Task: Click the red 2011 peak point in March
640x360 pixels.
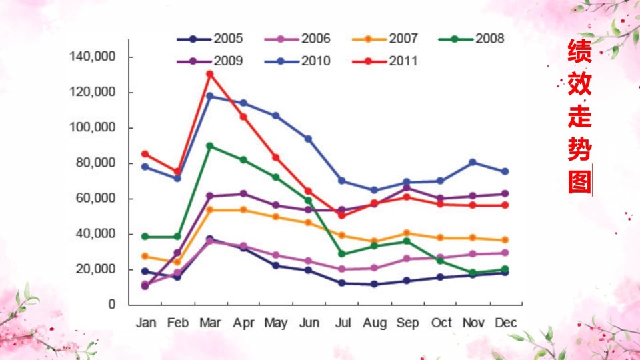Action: click(x=210, y=74)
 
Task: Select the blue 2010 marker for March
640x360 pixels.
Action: click(x=210, y=96)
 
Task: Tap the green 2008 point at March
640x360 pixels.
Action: click(x=210, y=146)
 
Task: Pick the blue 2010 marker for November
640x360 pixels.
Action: click(x=473, y=163)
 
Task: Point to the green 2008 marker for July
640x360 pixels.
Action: click(x=341, y=254)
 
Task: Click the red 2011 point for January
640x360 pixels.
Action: click(x=145, y=154)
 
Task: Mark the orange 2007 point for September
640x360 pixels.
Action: click(x=407, y=233)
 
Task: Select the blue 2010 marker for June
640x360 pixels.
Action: click(x=308, y=139)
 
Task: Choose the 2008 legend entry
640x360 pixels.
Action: click(x=471, y=39)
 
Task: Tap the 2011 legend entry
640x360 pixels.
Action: click(x=385, y=61)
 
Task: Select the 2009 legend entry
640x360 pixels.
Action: click(x=210, y=61)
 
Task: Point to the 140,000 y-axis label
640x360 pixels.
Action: click(x=93, y=56)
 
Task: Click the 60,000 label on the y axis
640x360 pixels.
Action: click(x=96, y=199)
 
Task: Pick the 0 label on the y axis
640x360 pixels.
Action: click(x=112, y=304)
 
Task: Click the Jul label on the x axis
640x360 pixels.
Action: click(x=343, y=323)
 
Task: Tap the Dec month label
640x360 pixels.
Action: click(x=506, y=323)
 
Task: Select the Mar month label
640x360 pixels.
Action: click(x=210, y=323)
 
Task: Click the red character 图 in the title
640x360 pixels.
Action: click(x=579, y=182)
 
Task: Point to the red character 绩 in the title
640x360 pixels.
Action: click(x=579, y=51)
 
